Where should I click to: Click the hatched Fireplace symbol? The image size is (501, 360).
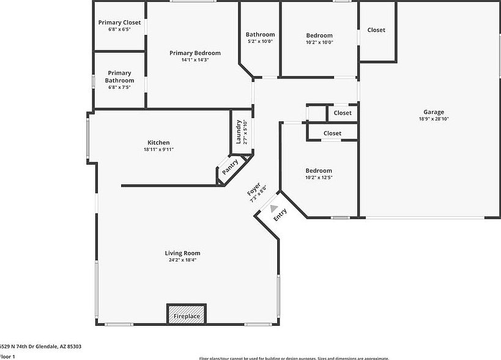click(187, 313)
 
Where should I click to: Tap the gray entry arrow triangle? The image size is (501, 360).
click(273, 208)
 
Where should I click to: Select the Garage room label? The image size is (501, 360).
click(434, 112)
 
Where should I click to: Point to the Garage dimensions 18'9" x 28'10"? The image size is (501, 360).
click(434, 119)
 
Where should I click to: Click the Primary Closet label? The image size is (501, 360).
click(119, 23)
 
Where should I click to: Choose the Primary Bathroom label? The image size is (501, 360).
click(119, 77)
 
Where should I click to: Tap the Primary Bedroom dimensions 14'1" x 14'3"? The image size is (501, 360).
click(195, 60)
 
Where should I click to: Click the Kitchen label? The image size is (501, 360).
click(158, 143)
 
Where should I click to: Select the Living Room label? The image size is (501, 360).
click(182, 253)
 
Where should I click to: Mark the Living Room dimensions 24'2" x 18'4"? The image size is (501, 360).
click(182, 260)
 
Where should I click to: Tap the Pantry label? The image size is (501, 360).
click(230, 167)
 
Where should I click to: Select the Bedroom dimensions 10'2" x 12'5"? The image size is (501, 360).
click(319, 178)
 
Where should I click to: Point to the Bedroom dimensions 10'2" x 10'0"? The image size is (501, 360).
click(319, 42)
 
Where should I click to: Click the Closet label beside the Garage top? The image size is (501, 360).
click(376, 30)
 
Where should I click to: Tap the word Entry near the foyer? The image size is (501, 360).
click(280, 215)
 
